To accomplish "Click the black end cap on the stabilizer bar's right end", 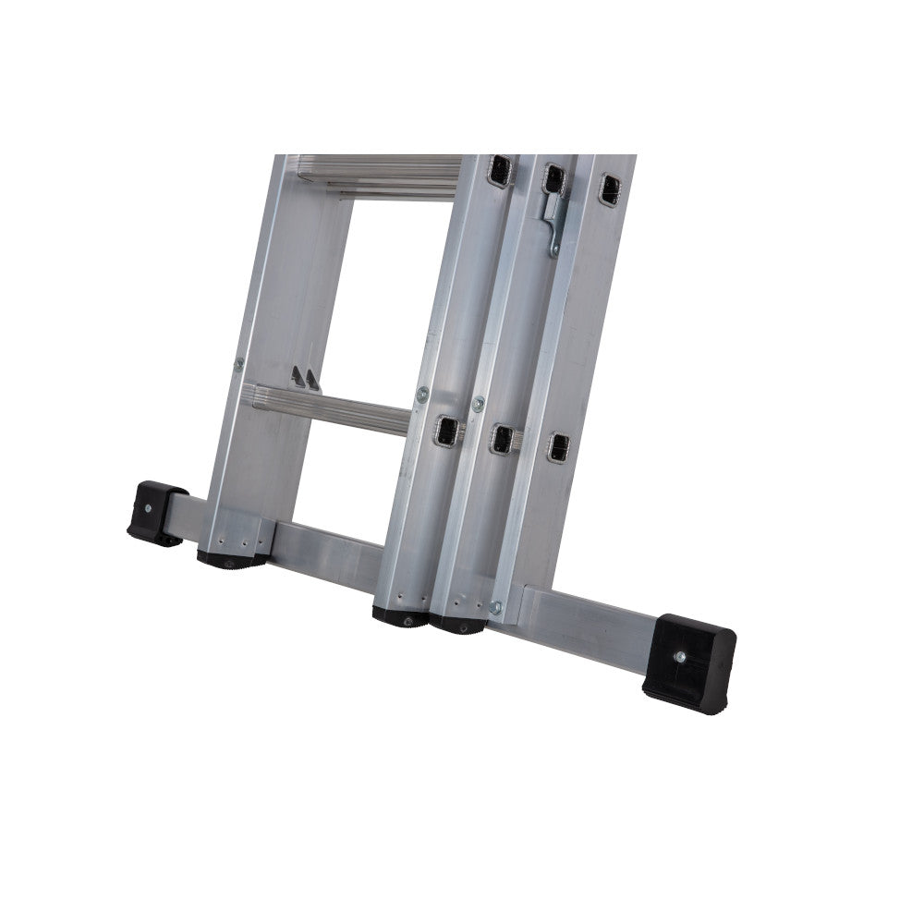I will click(689, 663).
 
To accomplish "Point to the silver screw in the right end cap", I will click(681, 656).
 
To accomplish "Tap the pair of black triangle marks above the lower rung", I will click(306, 378).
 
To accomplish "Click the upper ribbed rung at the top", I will click(379, 176).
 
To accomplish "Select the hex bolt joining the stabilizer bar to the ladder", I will click(495, 607).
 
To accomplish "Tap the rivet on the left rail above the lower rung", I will click(239, 364).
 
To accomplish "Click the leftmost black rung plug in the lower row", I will click(447, 430).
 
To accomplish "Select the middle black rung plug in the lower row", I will click(503, 439).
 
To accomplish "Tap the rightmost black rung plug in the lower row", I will click(557, 447).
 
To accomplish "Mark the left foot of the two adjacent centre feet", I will click(401, 616).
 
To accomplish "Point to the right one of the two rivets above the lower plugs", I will click(478, 403).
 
